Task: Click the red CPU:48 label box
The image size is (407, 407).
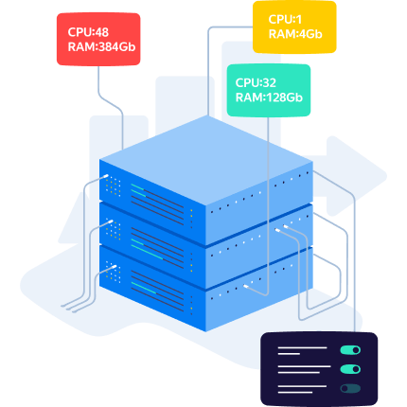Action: (x=98, y=39)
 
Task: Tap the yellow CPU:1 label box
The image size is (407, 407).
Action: (x=294, y=27)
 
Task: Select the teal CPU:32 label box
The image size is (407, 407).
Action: (x=269, y=90)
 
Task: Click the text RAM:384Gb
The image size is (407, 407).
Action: (x=101, y=47)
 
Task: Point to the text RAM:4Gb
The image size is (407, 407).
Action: (x=295, y=34)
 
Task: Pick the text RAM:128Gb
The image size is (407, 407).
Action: (x=269, y=97)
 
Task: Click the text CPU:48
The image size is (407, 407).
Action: (x=88, y=32)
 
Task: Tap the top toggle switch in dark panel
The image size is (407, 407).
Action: (x=350, y=350)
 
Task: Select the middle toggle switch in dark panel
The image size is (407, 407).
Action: (x=350, y=369)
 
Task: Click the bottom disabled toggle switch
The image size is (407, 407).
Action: (x=350, y=388)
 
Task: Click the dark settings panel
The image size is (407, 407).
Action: (x=319, y=369)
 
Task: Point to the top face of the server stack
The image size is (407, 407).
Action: (x=206, y=161)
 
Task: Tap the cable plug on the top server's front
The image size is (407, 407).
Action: (x=106, y=176)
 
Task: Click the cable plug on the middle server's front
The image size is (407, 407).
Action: (x=110, y=221)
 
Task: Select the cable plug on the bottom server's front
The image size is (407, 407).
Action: (x=115, y=267)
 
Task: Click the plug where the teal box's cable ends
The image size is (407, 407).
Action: (x=245, y=286)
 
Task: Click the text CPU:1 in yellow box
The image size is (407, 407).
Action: (x=285, y=20)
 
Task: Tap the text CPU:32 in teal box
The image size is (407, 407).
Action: (x=256, y=83)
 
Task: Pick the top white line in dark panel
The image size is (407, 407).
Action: (x=302, y=347)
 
